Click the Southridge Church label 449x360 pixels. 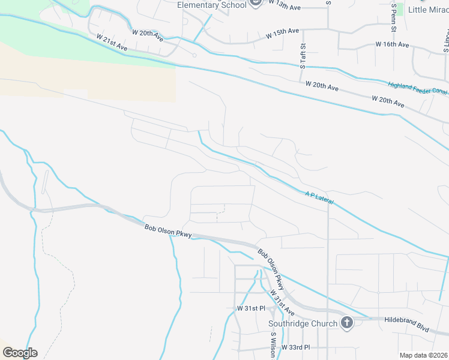point(302,324)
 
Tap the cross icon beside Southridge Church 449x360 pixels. point(346,323)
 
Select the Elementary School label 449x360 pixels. point(212,5)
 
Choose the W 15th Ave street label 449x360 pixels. point(282,34)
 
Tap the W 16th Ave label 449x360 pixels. point(392,44)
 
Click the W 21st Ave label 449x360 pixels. point(112,41)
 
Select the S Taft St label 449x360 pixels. point(303,55)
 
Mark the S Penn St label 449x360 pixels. point(394,17)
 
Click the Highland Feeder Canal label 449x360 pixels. point(418,89)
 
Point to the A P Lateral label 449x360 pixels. point(319,196)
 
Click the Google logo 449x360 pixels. point(20,353)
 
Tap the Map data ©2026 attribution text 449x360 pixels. point(423,355)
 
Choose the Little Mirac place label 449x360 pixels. point(428,10)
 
